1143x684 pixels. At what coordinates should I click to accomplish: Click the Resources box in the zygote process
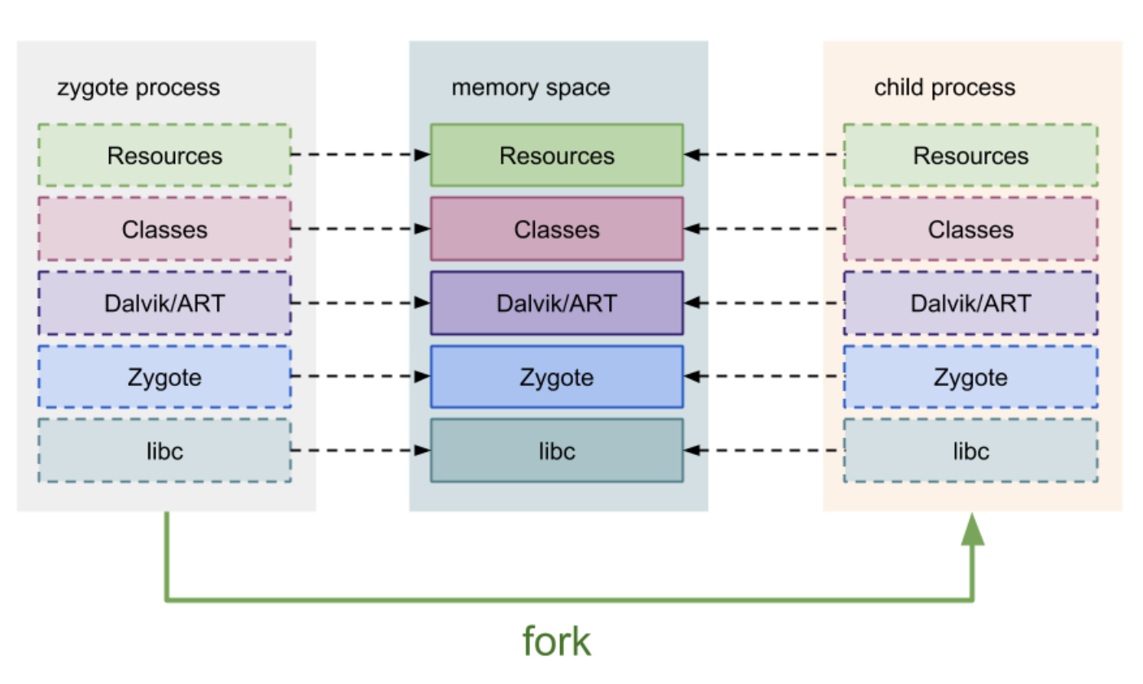click(x=164, y=155)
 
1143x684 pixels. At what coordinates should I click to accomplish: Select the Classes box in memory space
click(x=557, y=229)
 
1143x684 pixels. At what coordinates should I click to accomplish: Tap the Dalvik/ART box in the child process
click(x=970, y=303)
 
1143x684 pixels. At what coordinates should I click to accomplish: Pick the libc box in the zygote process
click(x=164, y=450)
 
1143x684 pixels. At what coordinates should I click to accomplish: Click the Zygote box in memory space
click(x=557, y=377)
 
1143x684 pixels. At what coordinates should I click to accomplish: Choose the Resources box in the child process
click(x=970, y=155)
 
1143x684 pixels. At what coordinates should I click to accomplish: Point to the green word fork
click(x=557, y=641)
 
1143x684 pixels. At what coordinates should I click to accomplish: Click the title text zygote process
click(x=138, y=87)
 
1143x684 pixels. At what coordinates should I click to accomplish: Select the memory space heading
click(x=531, y=87)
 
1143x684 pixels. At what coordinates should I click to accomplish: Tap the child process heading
click(x=944, y=87)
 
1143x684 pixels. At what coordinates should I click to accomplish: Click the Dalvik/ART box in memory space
click(x=557, y=303)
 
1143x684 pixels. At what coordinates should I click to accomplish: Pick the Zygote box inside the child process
click(x=970, y=377)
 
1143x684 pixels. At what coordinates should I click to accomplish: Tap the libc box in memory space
click(x=557, y=450)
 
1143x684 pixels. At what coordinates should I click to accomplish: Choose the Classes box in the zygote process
click(x=164, y=229)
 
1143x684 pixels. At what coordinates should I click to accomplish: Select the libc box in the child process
click(x=970, y=450)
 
